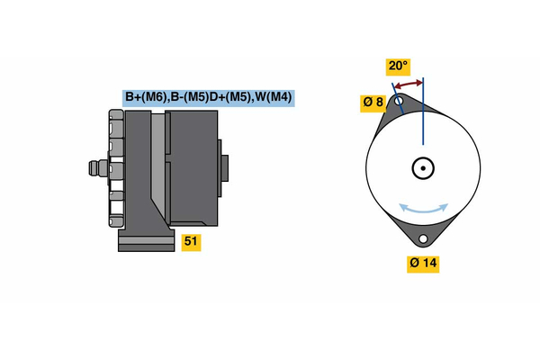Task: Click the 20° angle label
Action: coord(398,66)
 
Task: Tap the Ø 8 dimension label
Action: coord(373,103)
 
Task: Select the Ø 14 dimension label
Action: coord(423,264)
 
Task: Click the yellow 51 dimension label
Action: coord(191,241)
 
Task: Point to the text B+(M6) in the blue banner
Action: coord(146,97)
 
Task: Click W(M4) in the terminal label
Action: coord(274,97)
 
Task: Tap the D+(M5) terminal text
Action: coord(229,97)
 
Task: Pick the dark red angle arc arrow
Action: coord(409,85)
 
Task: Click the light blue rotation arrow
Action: coord(424,208)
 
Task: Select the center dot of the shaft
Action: coord(423,168)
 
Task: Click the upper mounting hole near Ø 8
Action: coord(399,102)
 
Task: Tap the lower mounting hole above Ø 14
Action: coord(423,238)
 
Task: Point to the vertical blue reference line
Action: coord(423,112)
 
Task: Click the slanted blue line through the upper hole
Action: coord(398,98)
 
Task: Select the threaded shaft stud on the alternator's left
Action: coord(98,168)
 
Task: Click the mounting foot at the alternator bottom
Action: coord(147,239)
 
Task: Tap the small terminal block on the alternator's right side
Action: coord(223,168)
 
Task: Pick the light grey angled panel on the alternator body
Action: coord(158,162)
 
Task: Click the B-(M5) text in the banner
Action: coord(190,97)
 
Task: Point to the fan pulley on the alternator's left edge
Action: coord(116,168)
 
